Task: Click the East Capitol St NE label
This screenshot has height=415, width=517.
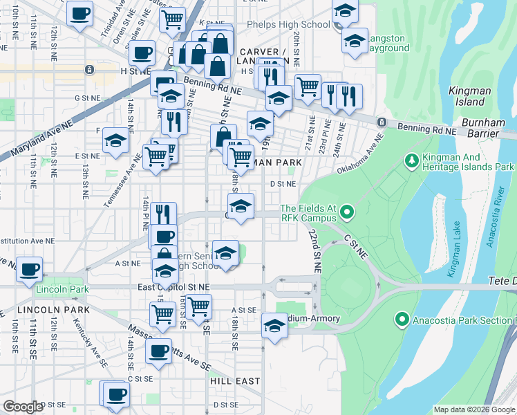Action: tap(173, 286)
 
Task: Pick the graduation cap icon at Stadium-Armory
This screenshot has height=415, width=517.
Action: tap(274, 325)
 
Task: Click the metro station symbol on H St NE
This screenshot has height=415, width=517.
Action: tap(89, 70)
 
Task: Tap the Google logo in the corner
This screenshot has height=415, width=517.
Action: tap(23, 407)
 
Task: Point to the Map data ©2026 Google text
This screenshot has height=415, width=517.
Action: tap(473, 409)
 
